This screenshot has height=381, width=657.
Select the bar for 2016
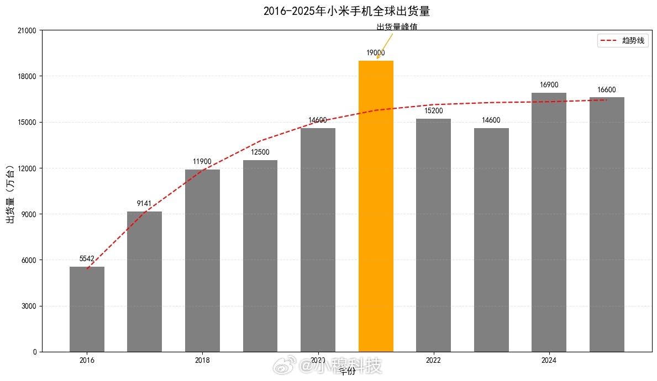(87, 309)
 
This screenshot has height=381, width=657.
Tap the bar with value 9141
(144, 282)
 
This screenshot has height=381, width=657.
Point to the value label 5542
(87, 258)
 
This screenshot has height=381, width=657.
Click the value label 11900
(202, 162)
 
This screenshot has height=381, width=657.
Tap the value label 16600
(607, 90)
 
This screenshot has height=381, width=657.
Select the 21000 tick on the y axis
(27, 30)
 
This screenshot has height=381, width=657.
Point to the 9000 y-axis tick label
(29, 214)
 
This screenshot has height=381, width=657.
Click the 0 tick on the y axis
(34, 352)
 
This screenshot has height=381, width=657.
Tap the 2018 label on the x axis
(202, 361)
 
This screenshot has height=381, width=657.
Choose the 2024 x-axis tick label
(549, 361)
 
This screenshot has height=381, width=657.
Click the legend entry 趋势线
(633, 41)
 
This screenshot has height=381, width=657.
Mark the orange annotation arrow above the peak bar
(385, 46)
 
